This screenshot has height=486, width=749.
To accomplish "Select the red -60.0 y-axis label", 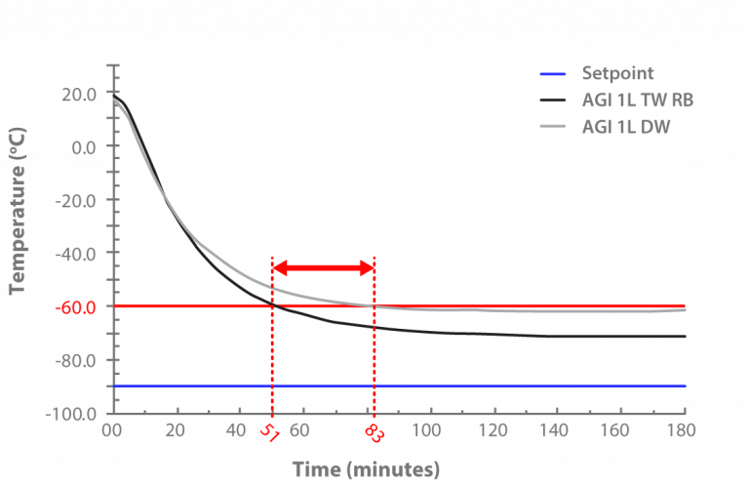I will (78, 306).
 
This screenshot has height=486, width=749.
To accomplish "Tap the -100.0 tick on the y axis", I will (74, 413).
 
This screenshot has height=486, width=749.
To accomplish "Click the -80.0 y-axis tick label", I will (78, 360).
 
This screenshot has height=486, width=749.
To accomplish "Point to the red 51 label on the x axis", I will (270, 434).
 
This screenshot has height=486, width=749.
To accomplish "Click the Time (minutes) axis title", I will (366, 468).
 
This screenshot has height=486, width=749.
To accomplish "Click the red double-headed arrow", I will (323, 268).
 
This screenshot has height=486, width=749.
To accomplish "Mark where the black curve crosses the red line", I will (272, 305).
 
